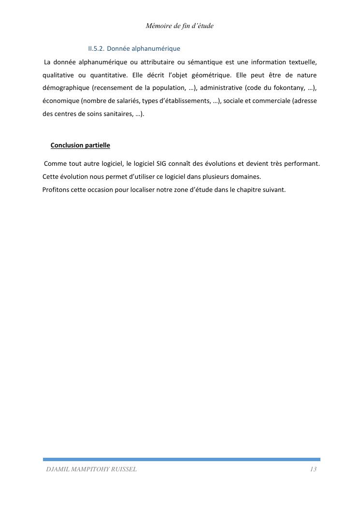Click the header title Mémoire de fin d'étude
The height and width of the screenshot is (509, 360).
coord(179,26)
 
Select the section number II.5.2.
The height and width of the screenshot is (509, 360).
coord(96,49)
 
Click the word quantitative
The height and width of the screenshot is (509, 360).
coord(108,75)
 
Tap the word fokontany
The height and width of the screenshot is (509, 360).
coord(289,88)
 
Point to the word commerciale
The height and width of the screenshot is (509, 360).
coord(270,102)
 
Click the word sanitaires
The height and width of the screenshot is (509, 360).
coord(116,115)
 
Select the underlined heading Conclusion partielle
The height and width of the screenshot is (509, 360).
coord(80,145)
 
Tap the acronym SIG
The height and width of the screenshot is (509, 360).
coord(161,164)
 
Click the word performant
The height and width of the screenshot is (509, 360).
coord(302,164)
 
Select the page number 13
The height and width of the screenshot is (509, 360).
coord(313,469)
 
